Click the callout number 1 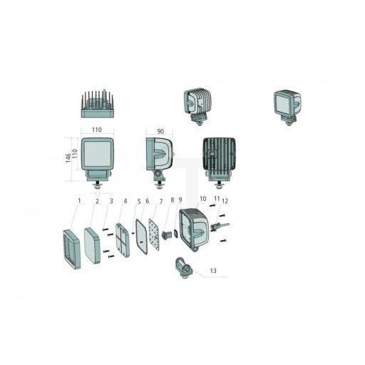pos(79,201)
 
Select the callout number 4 pos(125,201)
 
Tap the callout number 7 pos(161,202)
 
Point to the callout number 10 pos(202,198)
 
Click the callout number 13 pos(213,270)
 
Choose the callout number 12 pos(225,201)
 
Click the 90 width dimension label pos(160,131)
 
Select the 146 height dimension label pos(68,158)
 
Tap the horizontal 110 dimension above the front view pos(97,130)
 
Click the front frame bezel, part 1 pos(71,250)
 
